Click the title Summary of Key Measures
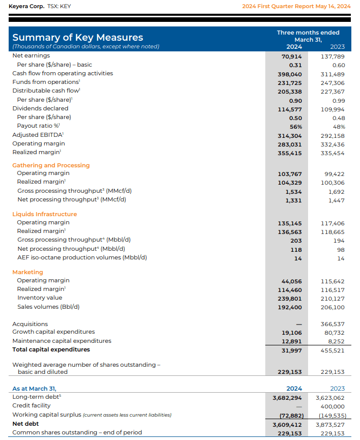(77, 37)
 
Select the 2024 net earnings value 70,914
(292, 56)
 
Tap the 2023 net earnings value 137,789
(333, 56)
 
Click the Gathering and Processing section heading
(51, 165)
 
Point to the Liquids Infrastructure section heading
(45, 214)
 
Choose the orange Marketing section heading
(28, 272)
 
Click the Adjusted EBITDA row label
(37, 135)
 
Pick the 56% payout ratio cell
(296, 126)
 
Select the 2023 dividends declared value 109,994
(333, 108)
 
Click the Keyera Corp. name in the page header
(26, 6)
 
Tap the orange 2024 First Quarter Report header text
(296, 6)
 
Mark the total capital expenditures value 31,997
(292, 350)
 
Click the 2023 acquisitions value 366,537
(333, 324)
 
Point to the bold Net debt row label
(25, 424)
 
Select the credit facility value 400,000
(333, 406)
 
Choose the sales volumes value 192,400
(290, 307)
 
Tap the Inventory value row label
(40, 298)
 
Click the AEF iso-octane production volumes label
(82, 257)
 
